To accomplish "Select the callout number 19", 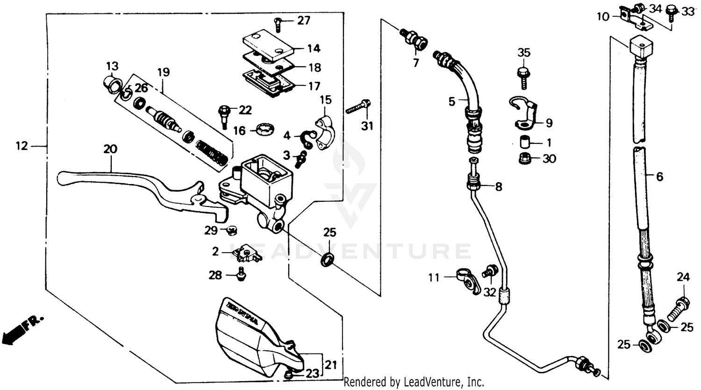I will point(163,72).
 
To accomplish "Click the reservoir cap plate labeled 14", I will point(268,45).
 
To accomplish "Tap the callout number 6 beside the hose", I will point(659,177).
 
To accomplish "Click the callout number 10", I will point(603,17).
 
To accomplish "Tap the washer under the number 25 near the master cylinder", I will point(328,259).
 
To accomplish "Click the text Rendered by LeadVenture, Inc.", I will point(414,383).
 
